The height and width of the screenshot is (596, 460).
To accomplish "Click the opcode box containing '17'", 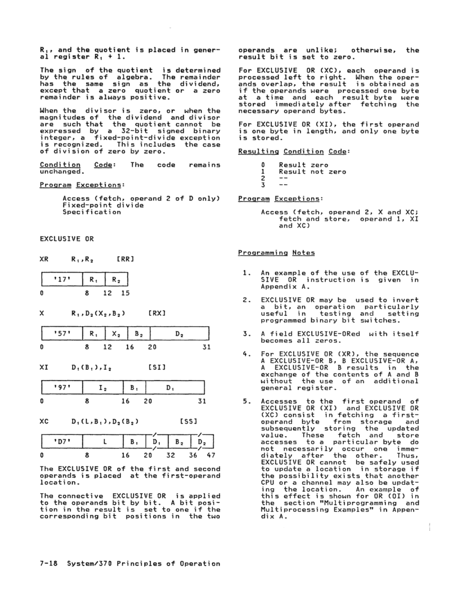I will [x=61, y=280].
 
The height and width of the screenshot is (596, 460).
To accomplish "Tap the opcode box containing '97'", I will [x=61, y=388].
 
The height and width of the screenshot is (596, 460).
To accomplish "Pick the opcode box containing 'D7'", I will [x=61, y=442].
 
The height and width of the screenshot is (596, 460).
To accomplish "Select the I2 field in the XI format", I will [x=101, y=388].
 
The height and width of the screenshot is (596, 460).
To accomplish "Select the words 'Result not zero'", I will [x=313, y=172].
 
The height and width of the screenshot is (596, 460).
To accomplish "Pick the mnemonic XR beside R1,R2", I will [x=45, y=259].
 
